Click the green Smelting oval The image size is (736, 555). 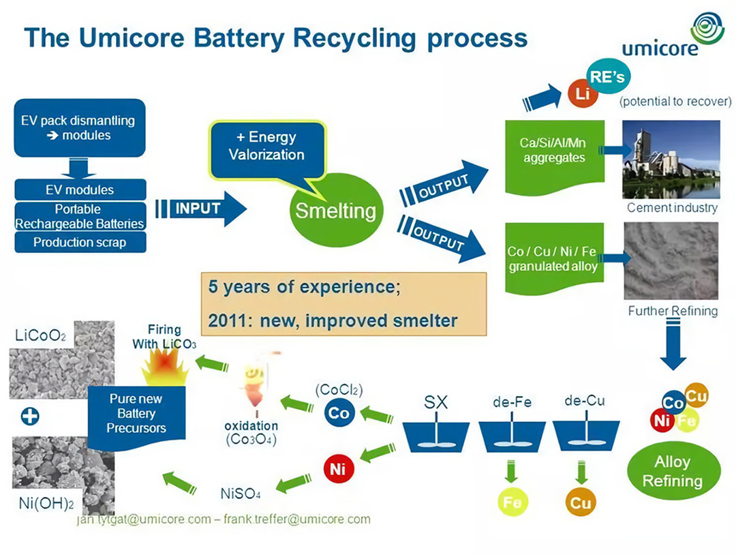pos(335,211)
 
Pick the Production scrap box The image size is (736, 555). pos(80,242)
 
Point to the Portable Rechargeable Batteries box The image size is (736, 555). pos(80,216)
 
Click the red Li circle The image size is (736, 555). pos(582,94)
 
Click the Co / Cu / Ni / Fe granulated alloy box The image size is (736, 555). pos(552,258)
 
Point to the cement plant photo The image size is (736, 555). pos(671,160)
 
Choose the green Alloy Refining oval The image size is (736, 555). pos(673,471)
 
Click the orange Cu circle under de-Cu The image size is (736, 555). pos(581,503)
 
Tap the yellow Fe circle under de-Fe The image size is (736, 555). pos(511,503)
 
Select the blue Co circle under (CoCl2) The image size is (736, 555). pos(339,413)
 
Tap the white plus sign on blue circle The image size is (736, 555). pos(29,416)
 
